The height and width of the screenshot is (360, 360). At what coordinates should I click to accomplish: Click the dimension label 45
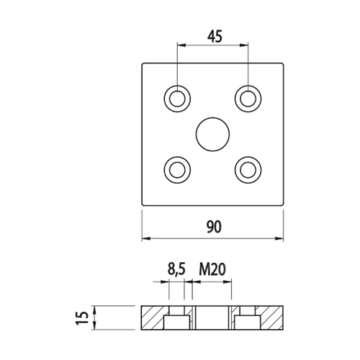pyautogui.click(x=215, y=37)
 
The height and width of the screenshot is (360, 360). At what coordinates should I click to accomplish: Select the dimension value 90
pyautogui.click(x=214, y=227)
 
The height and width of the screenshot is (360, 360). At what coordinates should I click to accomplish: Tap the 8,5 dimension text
pyautogui.click(x=176, y=269)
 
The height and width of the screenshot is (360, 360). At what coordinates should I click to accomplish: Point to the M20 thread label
pyautogui.click(x=212, y=269)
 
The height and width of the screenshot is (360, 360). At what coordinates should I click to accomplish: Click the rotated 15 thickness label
pyautogui.click(x=82, y=318)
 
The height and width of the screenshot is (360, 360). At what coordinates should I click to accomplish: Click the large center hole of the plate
pyautogui.click(x=212, y=135)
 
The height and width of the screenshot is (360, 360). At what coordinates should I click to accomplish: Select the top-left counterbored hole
pyautogui.click(x=177, y=99)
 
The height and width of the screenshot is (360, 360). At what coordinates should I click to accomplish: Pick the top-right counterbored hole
pyautogui.click(x=248, y=99)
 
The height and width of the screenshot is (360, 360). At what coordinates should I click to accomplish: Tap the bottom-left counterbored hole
pyautogui.click(x=177, y=170)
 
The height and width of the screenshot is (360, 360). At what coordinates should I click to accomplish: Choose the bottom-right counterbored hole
pyautogui.click(x=248, y=170)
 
